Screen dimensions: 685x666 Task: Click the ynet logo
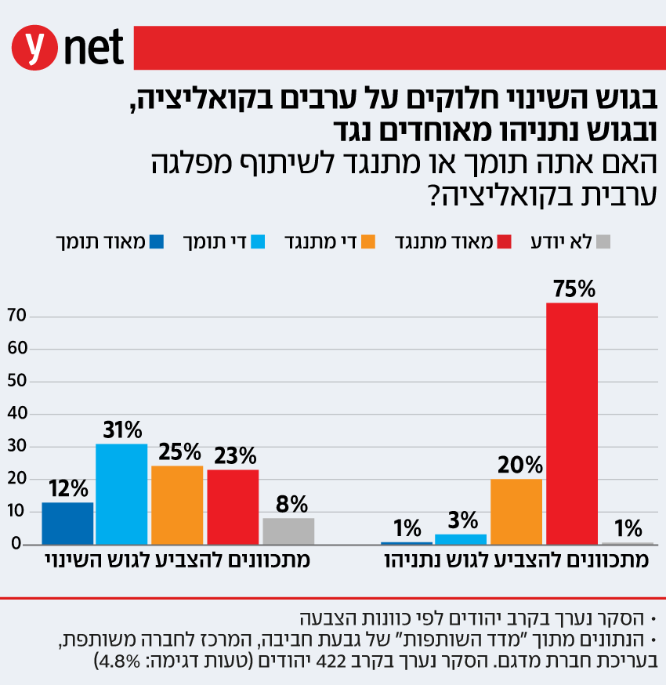pyautogui.click(x=68, y=48)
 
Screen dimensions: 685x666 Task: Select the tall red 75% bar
pyautogui.click(x=572, y=423)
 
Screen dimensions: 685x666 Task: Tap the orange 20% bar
pyautogui.click(x=516, y=511)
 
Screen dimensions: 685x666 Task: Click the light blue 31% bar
pyautogui.click(x=121, y=494)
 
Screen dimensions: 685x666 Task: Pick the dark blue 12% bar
pyautogui.click(x=67, y=523)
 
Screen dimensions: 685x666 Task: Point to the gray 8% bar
pyautogui.click(x=288, y=531)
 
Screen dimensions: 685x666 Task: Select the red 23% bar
pyautogui.click(x=233, y=506)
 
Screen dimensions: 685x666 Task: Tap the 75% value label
pyautogui.click(x=571, y=290)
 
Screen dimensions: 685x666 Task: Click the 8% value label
pyautogui.click(x=291, y=504)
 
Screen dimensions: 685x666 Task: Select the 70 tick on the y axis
pyautogui.click(x=16, y=317)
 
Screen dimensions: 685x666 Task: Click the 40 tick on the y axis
pyautogui.click(x=16, y=414)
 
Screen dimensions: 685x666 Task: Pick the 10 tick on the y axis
pyautogui.click(x=16, y=512)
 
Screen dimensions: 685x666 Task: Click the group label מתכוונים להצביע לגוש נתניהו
pyautogui.click(x=516, y=561)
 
